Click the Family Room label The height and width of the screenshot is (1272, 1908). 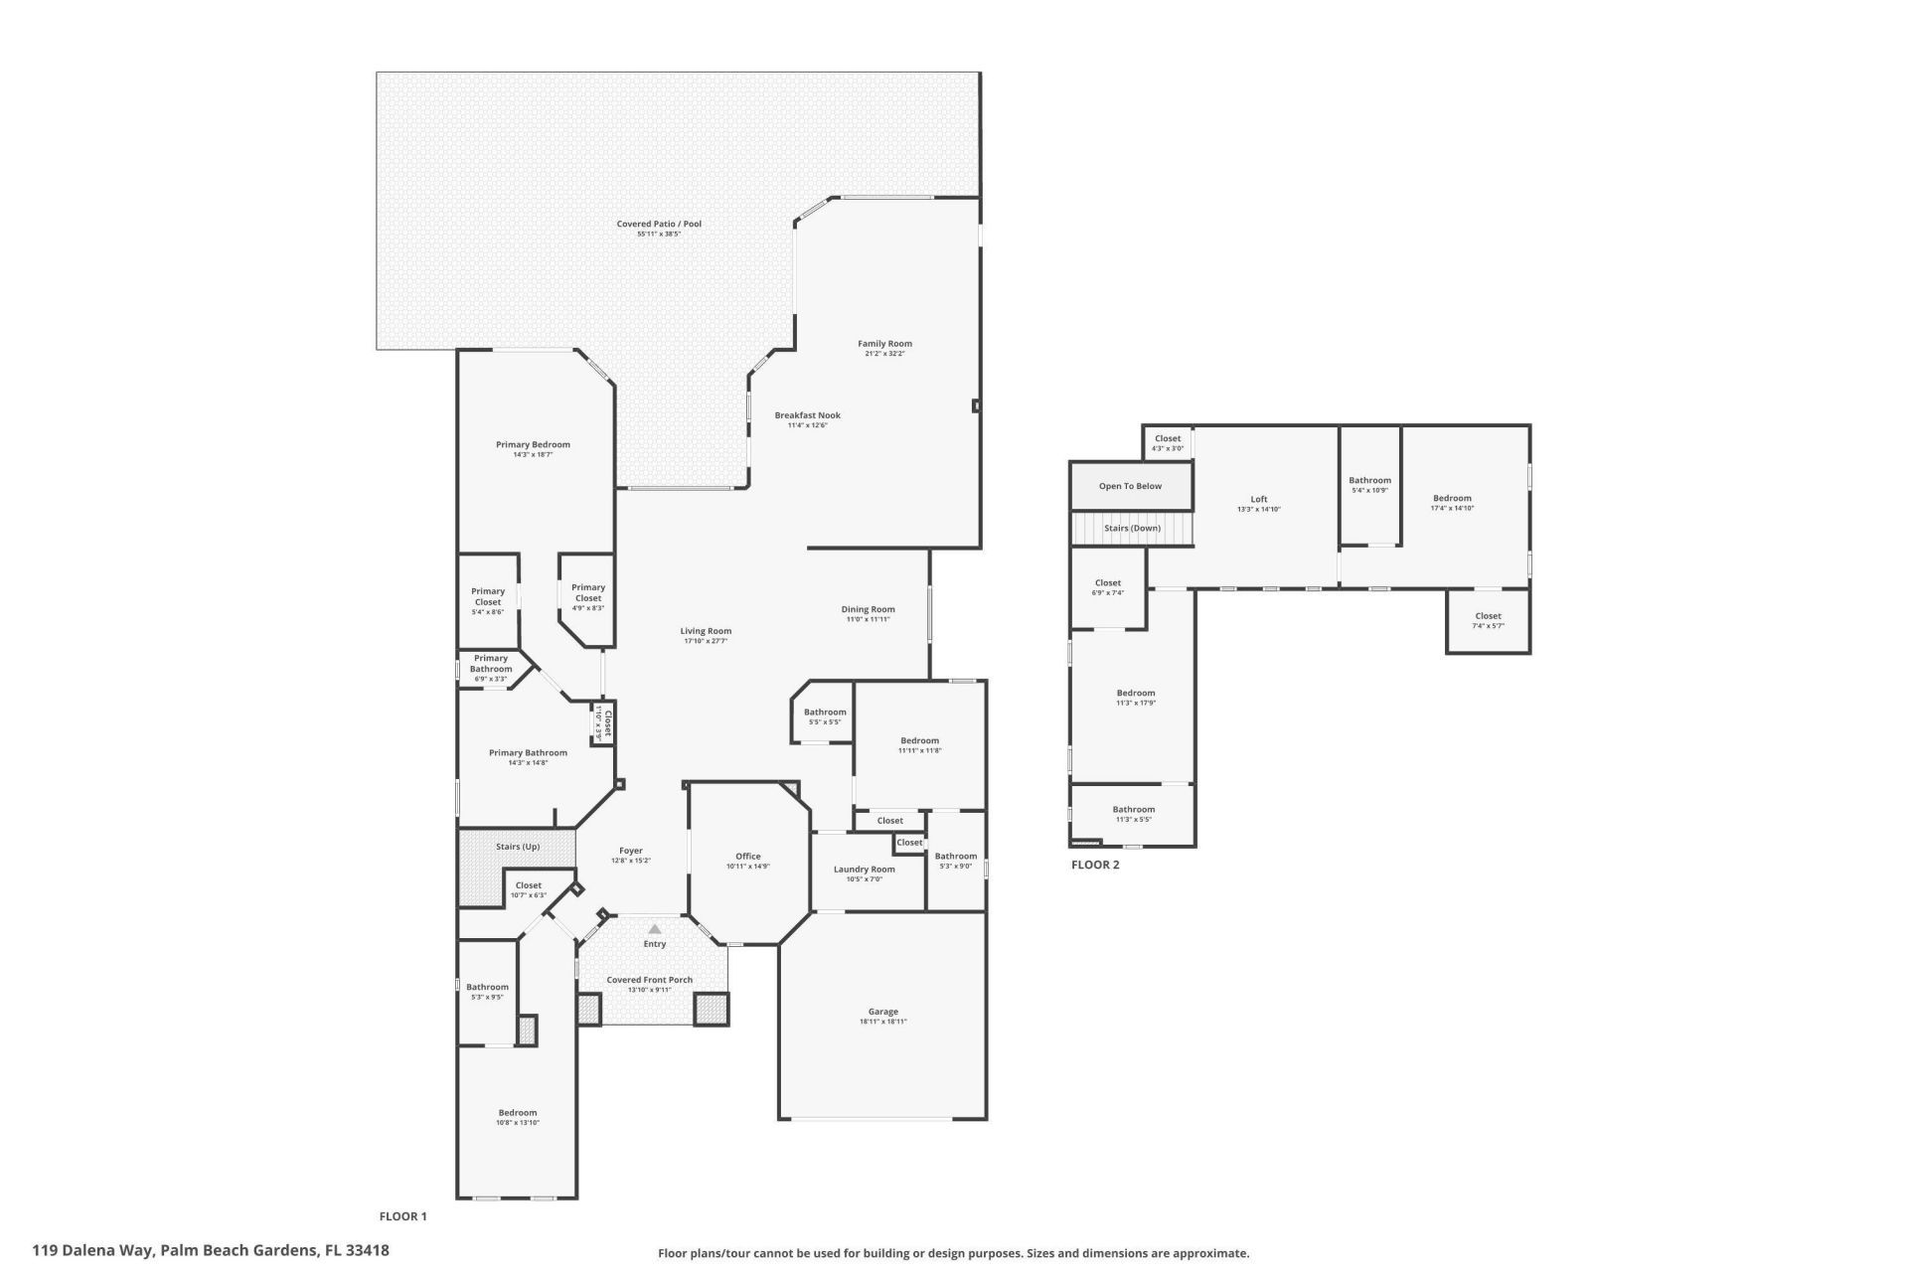[x=884, y=344]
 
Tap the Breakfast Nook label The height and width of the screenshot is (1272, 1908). [x=807, y=415]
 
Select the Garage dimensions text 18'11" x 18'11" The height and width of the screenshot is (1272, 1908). [x=882, y=1022]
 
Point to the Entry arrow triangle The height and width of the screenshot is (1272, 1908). [x=654, y=929]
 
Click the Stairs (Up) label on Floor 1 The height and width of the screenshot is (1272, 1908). [x=518, y=847]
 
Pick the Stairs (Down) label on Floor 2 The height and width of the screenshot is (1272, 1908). [x=1132, y=528]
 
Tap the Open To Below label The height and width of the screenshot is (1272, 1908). [x=1130, y=486]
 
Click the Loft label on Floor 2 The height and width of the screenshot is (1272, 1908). [x=1258, y=500]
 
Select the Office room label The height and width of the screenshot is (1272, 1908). [x=747, y=856]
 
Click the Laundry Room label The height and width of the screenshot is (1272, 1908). [x=864, y=869]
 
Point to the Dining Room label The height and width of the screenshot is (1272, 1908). [x=868, y=609]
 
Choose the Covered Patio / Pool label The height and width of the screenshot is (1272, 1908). [x=659, y=224]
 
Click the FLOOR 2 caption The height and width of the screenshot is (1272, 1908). [x=1094, y=865]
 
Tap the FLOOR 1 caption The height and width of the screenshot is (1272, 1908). [x=402, y=1216]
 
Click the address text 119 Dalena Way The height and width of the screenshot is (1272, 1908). [x=93, y=1251]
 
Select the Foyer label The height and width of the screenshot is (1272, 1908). [x=630, y=851]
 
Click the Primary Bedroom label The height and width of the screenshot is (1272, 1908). [x=533, y=444]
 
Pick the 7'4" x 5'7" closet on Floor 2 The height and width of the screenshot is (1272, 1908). [x=1488, y=621]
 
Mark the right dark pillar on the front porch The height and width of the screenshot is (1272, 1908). [x=711, y=1010]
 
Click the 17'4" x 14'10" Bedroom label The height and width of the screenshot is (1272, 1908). [x=1451, y=499]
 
